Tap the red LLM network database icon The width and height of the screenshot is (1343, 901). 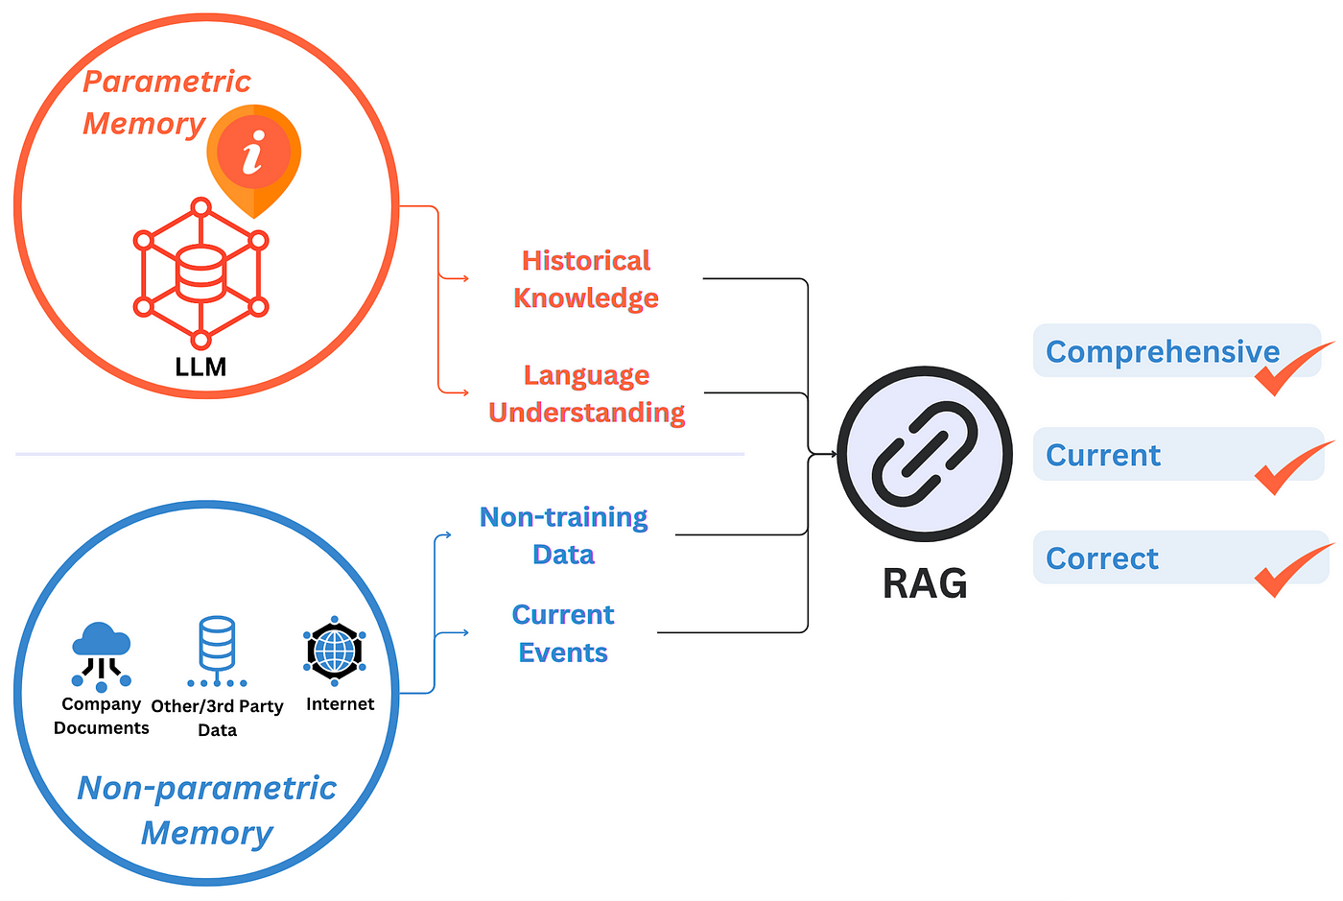(200, 273)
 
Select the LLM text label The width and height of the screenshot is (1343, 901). (200, 367)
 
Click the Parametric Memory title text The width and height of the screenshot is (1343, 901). (166, 102)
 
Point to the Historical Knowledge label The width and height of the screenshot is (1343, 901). (585, 279)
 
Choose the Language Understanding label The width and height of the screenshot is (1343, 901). (586, 393)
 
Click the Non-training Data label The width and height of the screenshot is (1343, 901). (563, 535)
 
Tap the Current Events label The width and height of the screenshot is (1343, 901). (563, 633)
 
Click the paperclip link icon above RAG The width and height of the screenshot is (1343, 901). (924, 455)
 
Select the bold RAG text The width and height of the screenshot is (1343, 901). (924, 583)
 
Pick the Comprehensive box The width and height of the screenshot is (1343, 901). (1162, 351)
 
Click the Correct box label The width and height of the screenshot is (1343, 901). (1102, 558)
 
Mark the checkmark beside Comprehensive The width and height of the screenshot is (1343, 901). (1291, 370)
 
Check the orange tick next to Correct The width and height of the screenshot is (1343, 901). (1291, 571)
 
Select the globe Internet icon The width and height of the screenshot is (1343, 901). (334, 651)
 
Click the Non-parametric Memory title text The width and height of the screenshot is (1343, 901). (207, 810)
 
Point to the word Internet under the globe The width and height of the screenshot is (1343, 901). (340, 704)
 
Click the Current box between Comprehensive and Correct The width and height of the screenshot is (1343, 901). (1103, 455)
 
